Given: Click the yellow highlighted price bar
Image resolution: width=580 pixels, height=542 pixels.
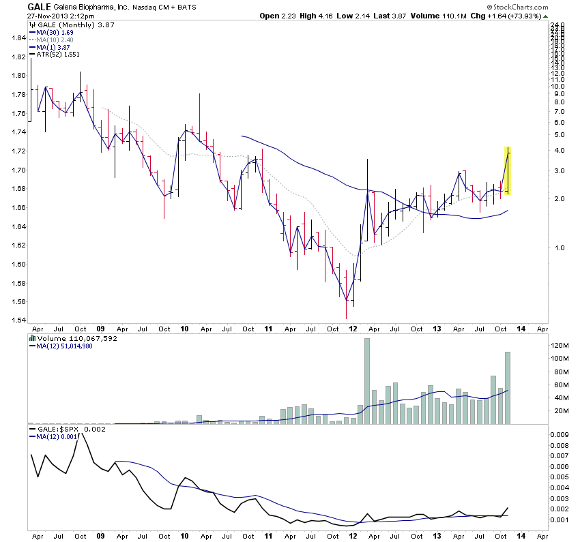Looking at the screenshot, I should point(508,170).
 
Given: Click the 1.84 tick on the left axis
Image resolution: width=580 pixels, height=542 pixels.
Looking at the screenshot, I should point(14,38).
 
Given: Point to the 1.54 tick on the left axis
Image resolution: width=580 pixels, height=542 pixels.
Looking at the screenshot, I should point(14,320).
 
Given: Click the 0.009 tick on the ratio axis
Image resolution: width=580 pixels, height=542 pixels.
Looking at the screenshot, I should point(560,434).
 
